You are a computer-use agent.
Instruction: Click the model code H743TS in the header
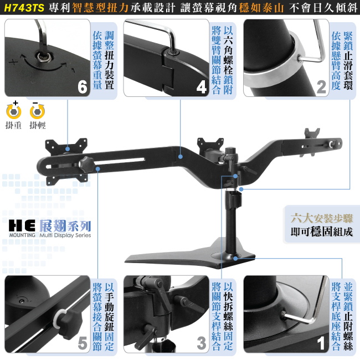click(24, 8)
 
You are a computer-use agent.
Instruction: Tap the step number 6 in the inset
click(83, 87)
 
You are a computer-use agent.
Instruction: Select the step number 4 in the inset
click(202, 88)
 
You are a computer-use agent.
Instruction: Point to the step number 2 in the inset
click(321, 87)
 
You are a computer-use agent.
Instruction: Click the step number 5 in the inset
click(83, 343)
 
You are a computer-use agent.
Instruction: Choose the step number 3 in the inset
click(202, 343)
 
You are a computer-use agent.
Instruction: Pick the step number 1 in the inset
click(321, 343)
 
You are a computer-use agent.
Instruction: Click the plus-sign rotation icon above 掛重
click(14, 110)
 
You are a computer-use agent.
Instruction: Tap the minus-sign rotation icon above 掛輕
click(37, 110)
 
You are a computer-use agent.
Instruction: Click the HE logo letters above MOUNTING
click(22, 225)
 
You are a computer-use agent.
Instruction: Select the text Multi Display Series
click(65, 235)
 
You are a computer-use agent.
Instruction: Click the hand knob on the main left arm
click(86, 164)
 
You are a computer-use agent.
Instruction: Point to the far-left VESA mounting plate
click(66, 161)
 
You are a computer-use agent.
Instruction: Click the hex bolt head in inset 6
click(45, 56)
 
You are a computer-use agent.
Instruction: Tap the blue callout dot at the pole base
click(235, 259)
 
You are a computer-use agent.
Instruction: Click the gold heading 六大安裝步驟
click(321, 218)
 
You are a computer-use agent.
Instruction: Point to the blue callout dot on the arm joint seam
click(181, 157)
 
